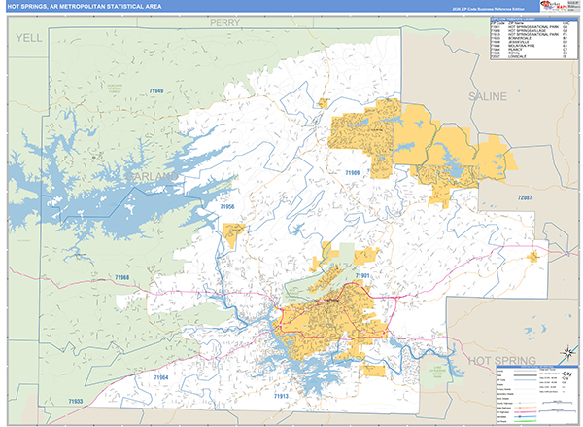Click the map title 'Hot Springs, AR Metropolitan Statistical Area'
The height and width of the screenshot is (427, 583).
(x=72, y=7)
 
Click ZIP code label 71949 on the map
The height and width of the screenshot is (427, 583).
(x=156, y=91)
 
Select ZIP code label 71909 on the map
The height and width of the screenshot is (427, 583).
(x=352, y=173)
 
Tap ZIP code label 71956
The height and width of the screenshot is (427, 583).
(x=227, y=207)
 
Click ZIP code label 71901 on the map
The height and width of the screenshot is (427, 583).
(x=362, y=276)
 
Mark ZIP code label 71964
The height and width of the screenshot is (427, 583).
(x=160, y=377)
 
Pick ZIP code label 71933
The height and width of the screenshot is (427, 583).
(x=76, y=402)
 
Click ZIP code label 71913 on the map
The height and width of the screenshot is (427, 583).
(x=281, y=397)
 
